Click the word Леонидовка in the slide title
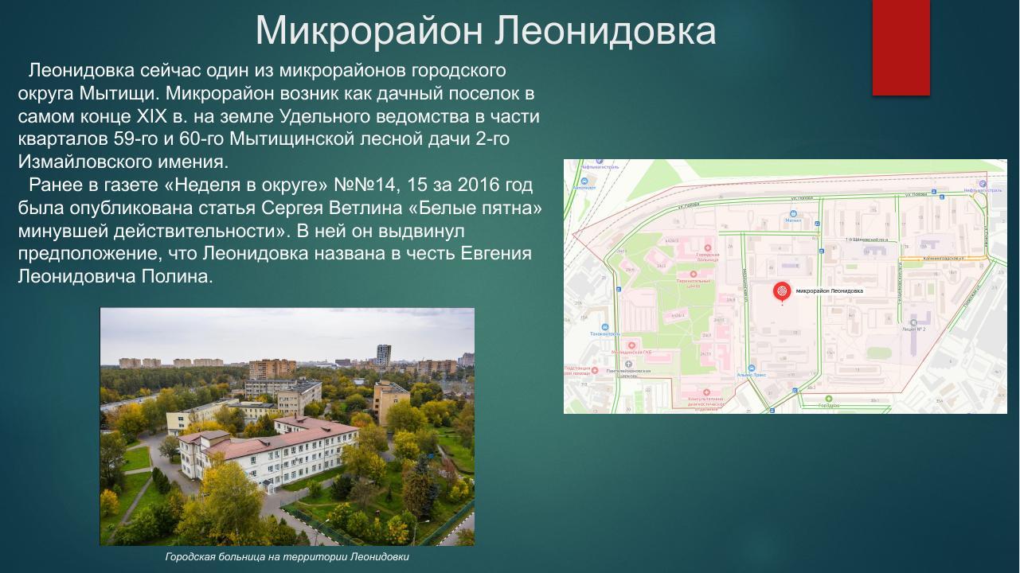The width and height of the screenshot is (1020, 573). click(605, 31)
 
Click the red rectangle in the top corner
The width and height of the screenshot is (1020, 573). click(901, 47)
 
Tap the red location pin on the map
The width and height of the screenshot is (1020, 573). click(783, 292)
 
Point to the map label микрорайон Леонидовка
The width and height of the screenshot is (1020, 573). click(829, 291)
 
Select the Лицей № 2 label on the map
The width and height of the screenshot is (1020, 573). click(913, 329)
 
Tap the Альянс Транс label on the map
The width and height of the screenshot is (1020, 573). click(751, 374)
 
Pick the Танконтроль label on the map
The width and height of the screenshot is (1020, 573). click(605, 334)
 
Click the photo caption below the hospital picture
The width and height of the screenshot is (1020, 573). click(287, 557)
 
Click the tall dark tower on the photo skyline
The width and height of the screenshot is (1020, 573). click(383, 356)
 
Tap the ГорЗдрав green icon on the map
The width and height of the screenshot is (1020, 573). click(828, 399)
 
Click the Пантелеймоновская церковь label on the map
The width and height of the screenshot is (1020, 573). click(629, 372)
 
